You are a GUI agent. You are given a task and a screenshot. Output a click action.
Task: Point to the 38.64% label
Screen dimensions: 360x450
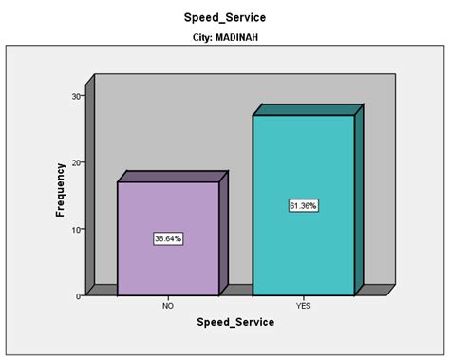click(167, 238)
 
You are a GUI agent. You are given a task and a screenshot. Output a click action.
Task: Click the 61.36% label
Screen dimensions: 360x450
click(303, 205)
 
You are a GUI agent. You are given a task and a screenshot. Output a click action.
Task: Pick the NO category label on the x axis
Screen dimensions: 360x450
click(167, 306)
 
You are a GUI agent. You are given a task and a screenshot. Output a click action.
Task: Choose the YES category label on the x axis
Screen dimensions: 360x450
click(303, 306)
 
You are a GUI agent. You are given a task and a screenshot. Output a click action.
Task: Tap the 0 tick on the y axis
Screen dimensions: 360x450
click(78, 296)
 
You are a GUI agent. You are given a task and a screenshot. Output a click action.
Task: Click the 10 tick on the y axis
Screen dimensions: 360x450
click(76, 229)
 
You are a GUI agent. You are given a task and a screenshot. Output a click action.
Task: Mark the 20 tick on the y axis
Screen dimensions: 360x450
click(76, 162)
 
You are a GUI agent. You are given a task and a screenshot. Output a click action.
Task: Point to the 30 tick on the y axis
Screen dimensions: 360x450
click(76, 96)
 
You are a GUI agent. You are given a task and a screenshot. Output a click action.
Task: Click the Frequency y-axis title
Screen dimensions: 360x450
click(60, 195)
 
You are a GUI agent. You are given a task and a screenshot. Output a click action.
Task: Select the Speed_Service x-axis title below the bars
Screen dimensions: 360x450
click(235, 322)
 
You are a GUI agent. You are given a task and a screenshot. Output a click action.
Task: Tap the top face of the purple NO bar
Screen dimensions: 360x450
click(172, 177)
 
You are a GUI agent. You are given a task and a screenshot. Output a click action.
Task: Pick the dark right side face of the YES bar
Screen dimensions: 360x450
click(359, 199)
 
